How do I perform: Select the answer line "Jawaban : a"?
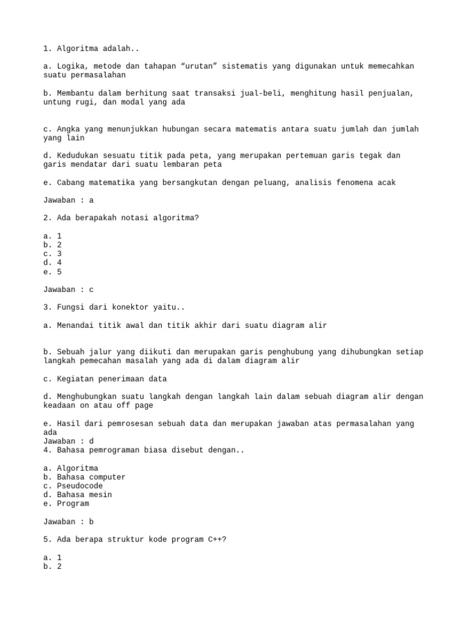pyautogui.click(x=69, y=200)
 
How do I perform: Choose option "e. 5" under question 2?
pyautogui.click(x=52, y=272)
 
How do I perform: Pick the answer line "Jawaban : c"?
pyautogui.click(x=69, y=290)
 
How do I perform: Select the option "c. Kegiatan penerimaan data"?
pyautogui.click(x=105, y=378)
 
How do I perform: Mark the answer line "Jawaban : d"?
pyautogui.click(x=69, y=441)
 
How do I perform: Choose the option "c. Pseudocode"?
pyautogui.click(x=73, y=486)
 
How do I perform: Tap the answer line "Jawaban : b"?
pyautogui.click(x=69, y=522)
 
